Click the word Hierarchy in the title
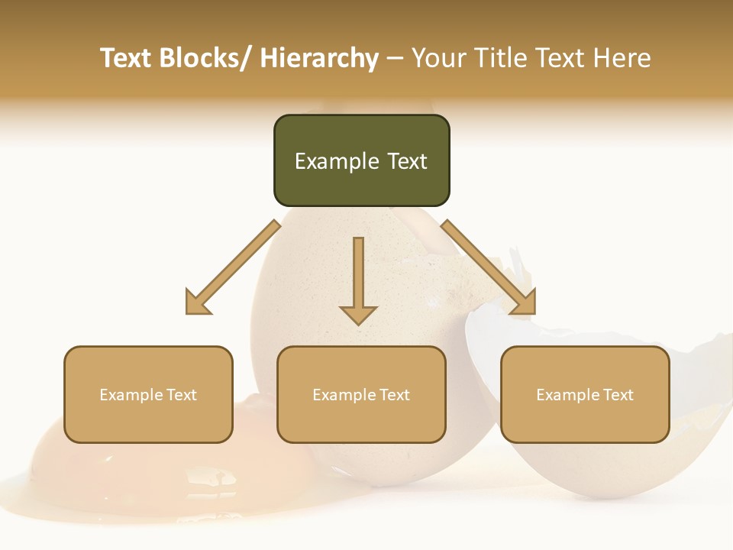click(x=319, y=58)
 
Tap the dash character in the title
click(x=395, y=60)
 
